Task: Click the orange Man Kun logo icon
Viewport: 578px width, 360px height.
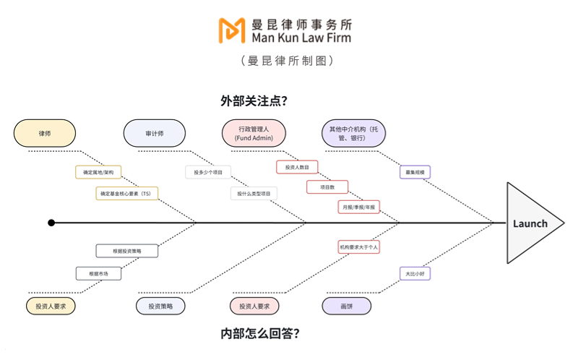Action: (x=231, y=30)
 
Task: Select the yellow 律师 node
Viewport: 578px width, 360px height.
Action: (x=45, y=133)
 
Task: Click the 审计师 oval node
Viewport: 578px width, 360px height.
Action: (x=155, y=133)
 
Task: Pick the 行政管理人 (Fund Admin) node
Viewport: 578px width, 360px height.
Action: (x=254, y=133)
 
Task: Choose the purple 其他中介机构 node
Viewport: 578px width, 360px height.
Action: (x=353, y=133)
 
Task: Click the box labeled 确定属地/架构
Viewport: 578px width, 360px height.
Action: (x=98, y=172)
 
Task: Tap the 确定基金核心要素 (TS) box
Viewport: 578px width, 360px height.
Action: (x=127, y=194)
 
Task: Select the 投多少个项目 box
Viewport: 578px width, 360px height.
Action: (x=208, y=172)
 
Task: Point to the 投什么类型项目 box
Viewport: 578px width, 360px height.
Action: (x=254, y=194)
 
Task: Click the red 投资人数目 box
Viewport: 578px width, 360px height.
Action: (x=297, y=167)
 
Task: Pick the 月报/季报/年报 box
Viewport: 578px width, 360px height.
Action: (x=358, y=207)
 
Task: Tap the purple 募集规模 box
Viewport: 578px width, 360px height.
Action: (x=415, y=172)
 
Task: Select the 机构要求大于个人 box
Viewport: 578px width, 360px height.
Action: (x=358, y=247)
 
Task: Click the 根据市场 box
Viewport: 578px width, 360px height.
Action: (x=98, y=274)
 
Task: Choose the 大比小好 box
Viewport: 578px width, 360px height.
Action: (x=415, y=274)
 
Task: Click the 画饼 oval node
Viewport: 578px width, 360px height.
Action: (x=347, y=307)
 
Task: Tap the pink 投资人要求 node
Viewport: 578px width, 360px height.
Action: (x=254, y=307)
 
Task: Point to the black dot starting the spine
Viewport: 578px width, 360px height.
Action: (x=51, y=223)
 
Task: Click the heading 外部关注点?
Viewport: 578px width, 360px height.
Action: (x=254, y=100)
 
